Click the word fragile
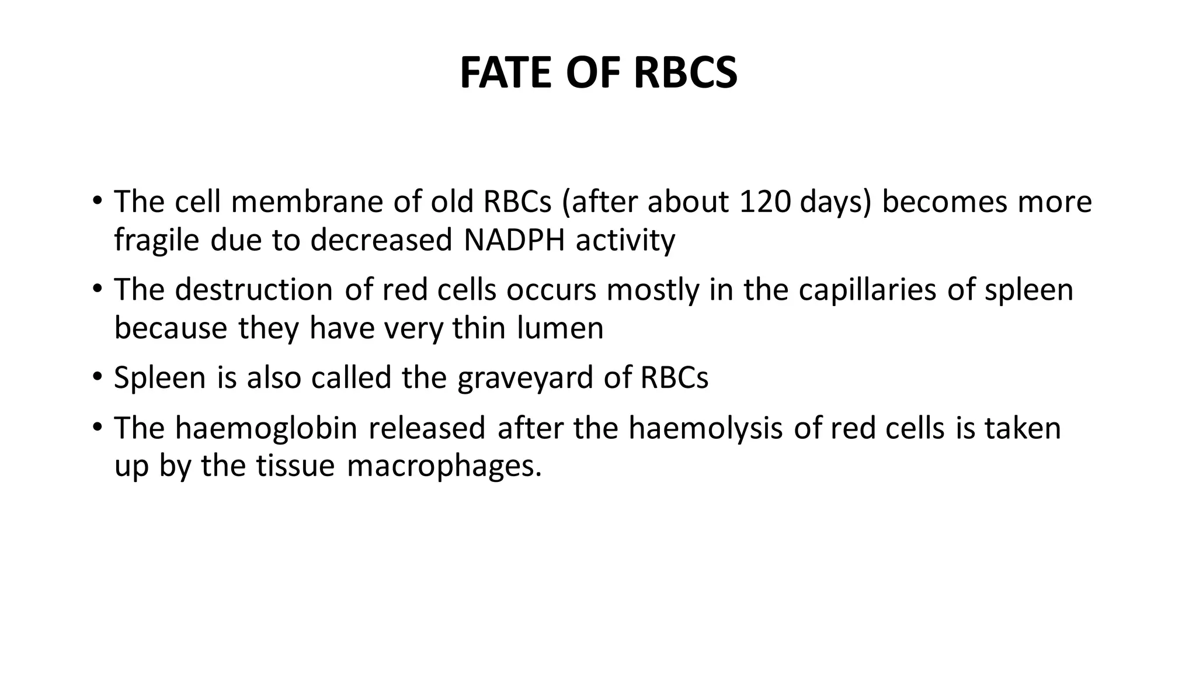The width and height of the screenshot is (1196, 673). pos(157,241)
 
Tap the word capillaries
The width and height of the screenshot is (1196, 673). pos(867,290)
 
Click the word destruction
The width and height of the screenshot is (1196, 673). pos(253,290)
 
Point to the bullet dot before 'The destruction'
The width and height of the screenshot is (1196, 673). pos(97,289)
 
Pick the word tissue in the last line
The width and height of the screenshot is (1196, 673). pos(295,466)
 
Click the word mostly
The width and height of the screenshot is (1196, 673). pos(652,290)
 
